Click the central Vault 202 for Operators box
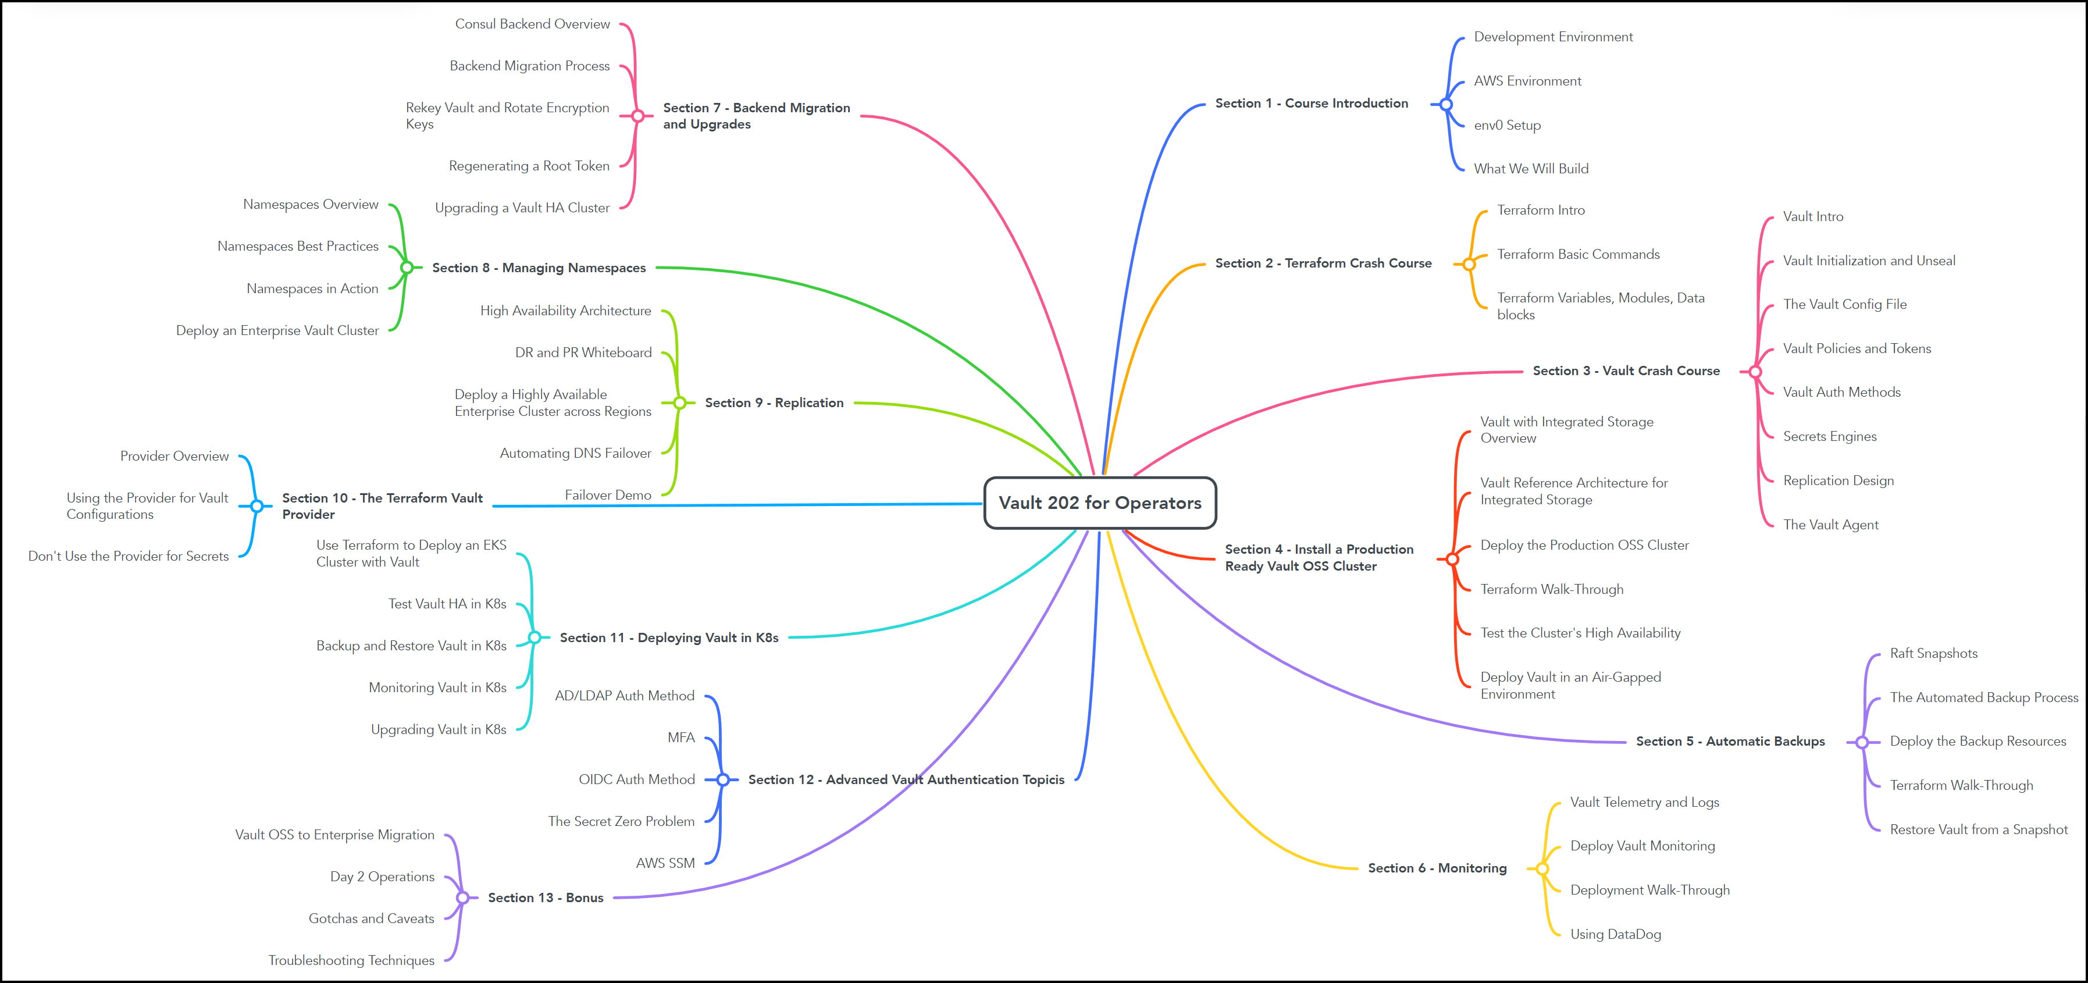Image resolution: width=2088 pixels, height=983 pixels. [1100, 503]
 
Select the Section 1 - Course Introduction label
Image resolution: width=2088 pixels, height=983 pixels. [1311, 103]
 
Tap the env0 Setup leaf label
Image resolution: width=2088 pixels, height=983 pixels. [1507, 125]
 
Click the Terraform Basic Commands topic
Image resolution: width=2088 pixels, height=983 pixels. [1577, 254]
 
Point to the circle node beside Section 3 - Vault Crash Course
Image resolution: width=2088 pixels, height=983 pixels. [1755, 372]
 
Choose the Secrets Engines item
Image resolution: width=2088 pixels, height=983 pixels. [1829, 436]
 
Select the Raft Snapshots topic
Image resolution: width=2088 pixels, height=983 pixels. [1933, 653]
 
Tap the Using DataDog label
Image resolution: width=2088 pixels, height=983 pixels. [1615, 934]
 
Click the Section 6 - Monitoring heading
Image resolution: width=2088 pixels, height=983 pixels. [1437, 868]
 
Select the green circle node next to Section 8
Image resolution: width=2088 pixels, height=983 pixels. [407, 268]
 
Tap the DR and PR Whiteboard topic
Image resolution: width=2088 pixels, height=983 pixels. [583, 352]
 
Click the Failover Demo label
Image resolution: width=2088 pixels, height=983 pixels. [607, 495]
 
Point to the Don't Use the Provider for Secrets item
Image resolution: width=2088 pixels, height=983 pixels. [128, 556]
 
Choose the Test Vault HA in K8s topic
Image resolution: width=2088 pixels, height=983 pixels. [447, 604]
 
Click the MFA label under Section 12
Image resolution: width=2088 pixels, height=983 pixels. [681, 738]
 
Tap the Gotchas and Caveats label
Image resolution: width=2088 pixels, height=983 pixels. [370, 918]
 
